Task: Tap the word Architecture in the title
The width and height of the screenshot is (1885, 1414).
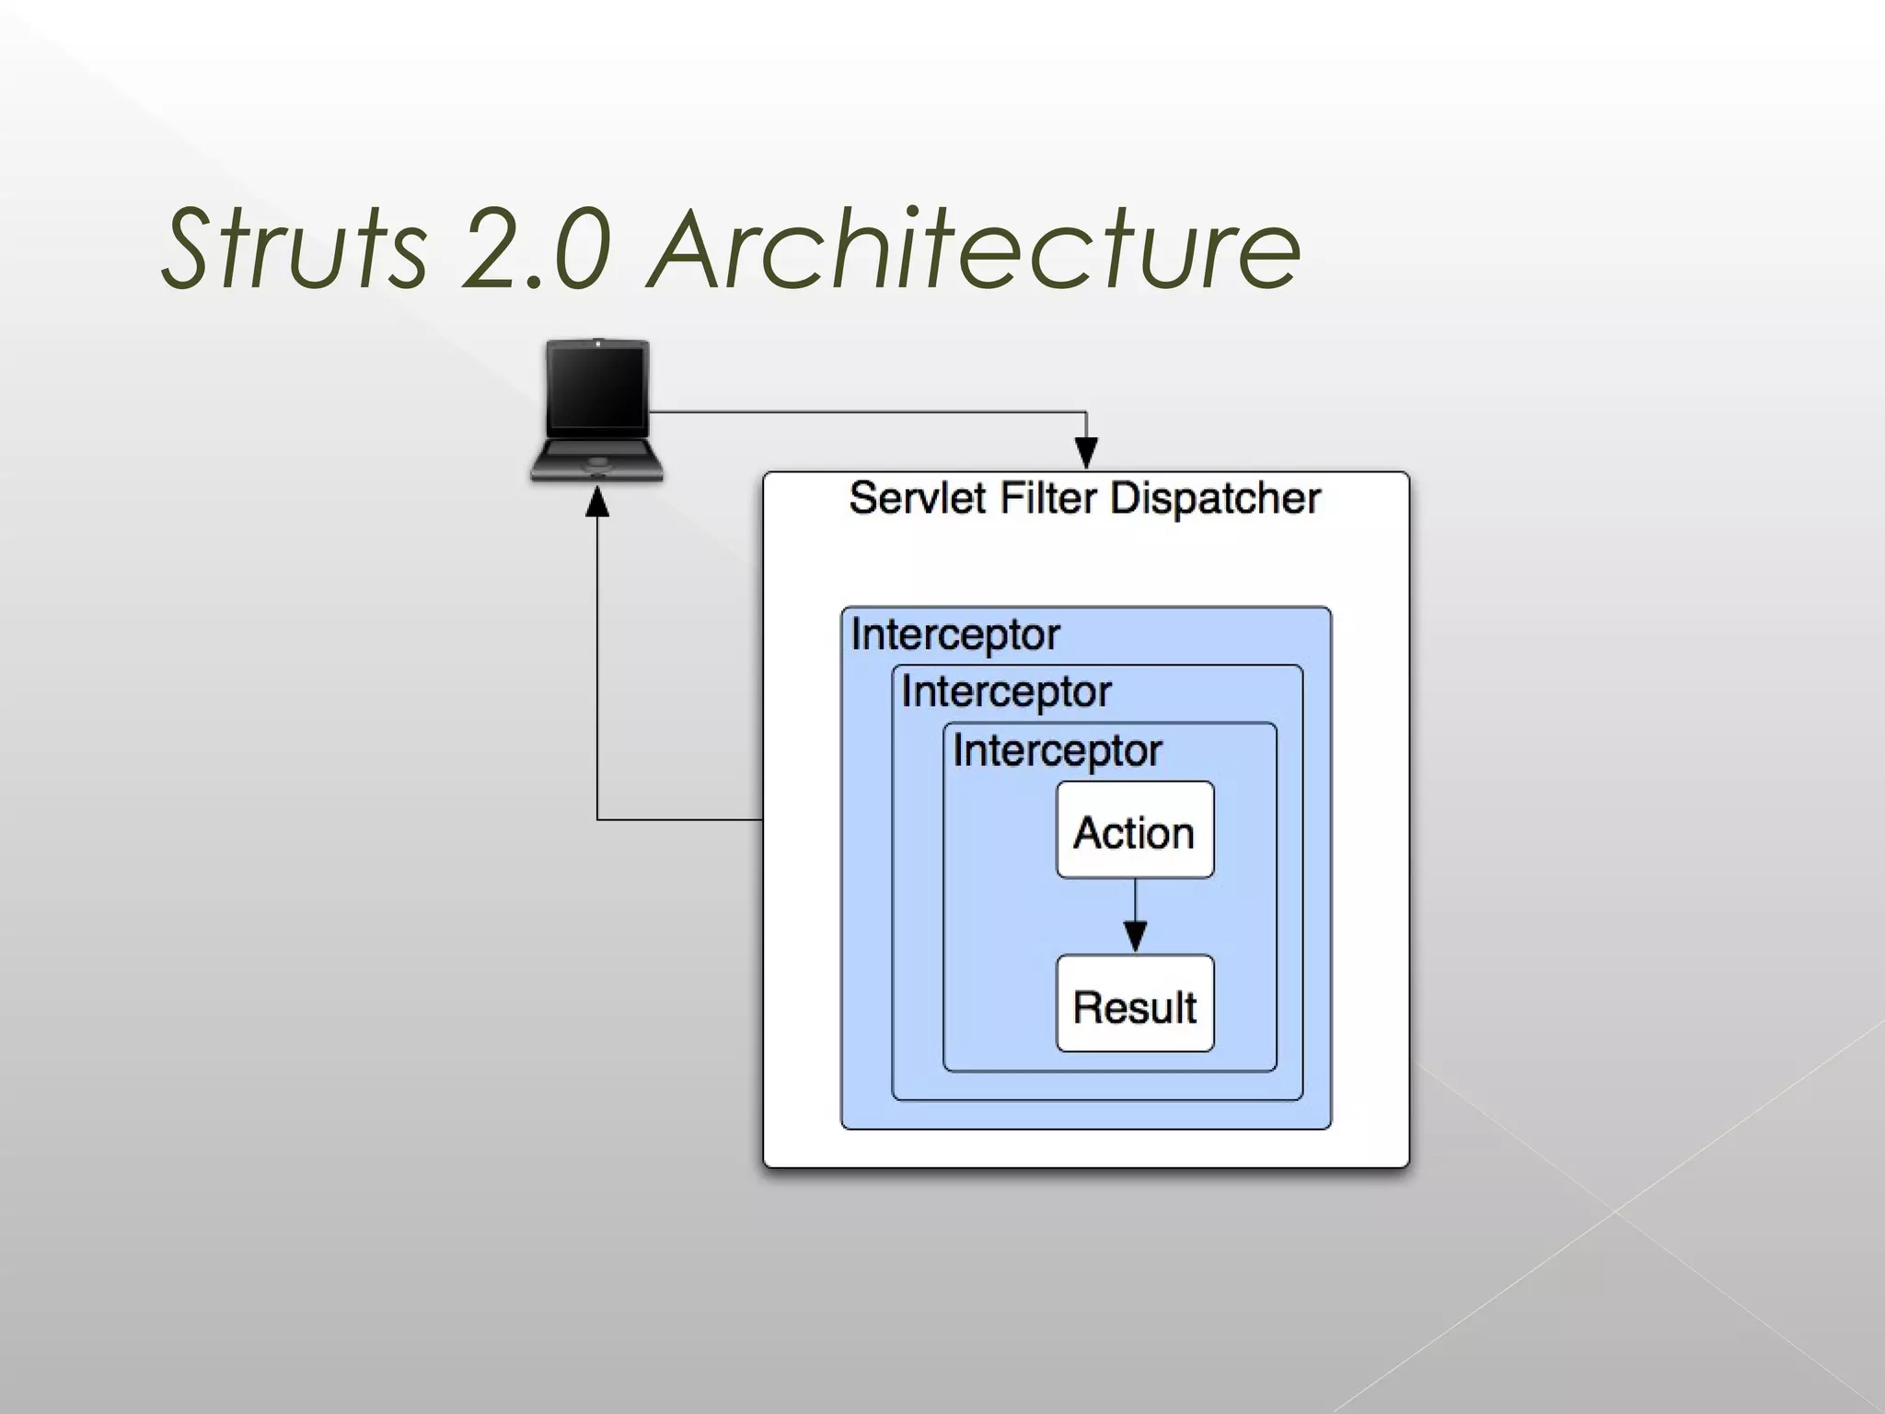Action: coord(974,247)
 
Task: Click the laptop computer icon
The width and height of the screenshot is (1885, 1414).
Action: coord(597,411)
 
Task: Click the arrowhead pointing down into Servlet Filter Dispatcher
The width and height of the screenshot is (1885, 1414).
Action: coord(1086,453)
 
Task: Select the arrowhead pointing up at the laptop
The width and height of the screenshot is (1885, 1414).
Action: coord(597,504)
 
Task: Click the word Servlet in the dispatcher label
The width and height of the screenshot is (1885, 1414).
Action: coord(918,499)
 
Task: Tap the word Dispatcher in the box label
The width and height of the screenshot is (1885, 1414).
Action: coord(1215,499)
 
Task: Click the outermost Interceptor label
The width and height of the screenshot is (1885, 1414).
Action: coord(955,635)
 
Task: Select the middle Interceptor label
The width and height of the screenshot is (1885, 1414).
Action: coord(1006,692)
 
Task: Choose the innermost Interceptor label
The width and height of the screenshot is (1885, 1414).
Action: coord(1057,751)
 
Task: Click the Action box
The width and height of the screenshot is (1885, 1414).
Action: coord(1134,830)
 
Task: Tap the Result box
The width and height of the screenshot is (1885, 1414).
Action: coord(1134,1004)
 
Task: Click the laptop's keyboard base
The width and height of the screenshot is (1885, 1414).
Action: coord(597,459)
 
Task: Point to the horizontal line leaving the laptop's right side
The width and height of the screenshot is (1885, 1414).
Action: coord(865,412)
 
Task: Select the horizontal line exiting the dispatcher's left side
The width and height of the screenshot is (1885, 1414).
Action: coord(681,818)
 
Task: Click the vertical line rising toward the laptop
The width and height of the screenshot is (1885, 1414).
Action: coord(597,663)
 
